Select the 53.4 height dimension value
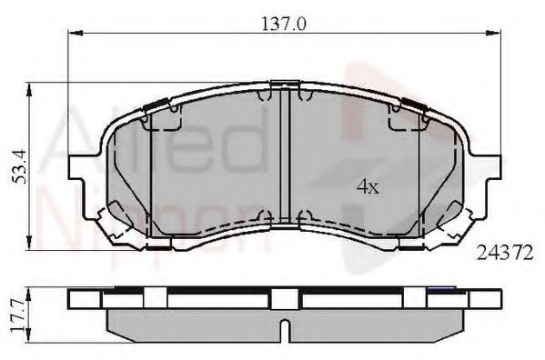[x=15, y=165]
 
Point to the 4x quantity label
[x=367, y=187]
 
